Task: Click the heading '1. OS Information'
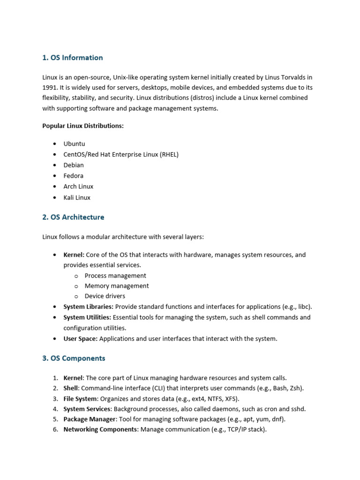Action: tap(73, 58)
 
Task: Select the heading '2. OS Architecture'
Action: tap(73, 217)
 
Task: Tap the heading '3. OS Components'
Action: tap(74, 358)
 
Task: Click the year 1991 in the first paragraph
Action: tap(50, 87)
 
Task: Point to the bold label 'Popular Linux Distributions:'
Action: tap(83, 126)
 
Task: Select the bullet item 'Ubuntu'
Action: tap(75, 144)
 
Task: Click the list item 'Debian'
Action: tap(74, 165)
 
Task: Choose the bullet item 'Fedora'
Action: tap(74, 176)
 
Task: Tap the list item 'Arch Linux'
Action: tap(78, 187)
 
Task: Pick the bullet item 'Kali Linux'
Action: tap(77, 197)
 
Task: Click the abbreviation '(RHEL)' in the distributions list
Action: tap(169, 154)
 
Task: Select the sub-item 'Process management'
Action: tap(115, 276)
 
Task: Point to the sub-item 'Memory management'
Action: tap(117, 286)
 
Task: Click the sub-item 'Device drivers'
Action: tap(105, 296)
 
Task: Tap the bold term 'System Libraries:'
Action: tap(88, 307)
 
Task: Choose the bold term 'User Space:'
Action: tap(81, 338)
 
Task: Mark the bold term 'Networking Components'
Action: tap(100, 429)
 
